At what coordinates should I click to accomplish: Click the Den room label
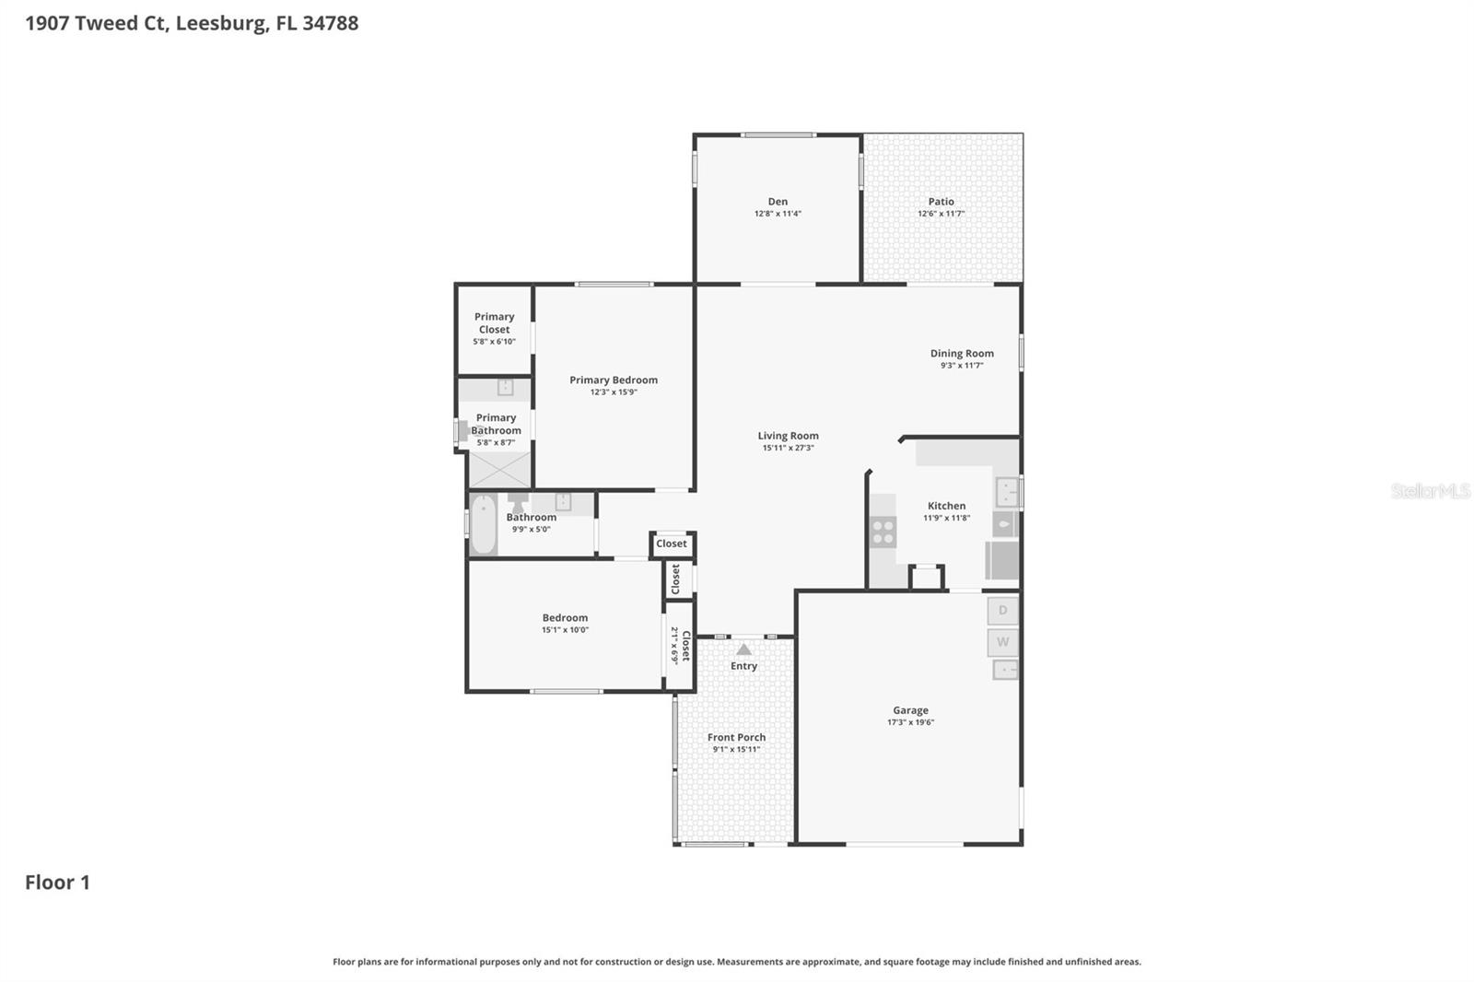pos(778,202)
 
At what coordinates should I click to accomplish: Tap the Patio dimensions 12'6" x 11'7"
pos(941,214)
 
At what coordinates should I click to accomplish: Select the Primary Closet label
pos(494,323)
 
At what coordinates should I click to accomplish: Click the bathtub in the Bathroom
pos(483,524)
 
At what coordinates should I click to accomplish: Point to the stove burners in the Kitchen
pos(883,532)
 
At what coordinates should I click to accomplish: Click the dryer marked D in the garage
pos(1002,610)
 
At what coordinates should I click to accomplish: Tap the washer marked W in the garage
pos(1002,641)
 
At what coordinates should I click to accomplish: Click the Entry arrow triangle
pos(743,649)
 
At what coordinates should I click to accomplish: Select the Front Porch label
pos(736,737)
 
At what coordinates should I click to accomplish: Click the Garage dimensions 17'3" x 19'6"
pos(910,722)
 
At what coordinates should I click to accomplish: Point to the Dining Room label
pos(962,353)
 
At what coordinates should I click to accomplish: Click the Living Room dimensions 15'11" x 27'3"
pos(788,448)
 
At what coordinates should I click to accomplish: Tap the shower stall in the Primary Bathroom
pos(499,470)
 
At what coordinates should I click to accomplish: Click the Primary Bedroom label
pos(614,380)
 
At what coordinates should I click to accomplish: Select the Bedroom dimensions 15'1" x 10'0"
pos(565,630)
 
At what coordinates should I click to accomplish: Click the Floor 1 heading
pos(57,883)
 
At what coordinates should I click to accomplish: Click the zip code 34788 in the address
pos(330,23)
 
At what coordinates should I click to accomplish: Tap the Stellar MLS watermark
pos(1430,491)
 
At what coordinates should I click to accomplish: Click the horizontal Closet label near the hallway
pos(672,544)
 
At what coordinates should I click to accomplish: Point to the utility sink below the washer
pos(1005,670)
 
